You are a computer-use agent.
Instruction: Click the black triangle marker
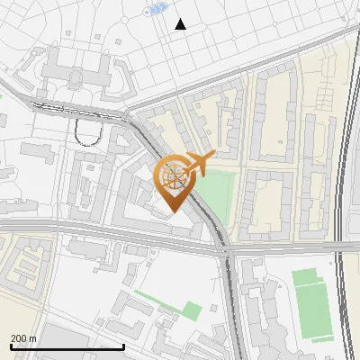180,24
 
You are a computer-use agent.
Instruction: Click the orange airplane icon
198,164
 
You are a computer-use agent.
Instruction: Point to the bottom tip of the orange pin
174,213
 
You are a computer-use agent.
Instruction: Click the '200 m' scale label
24,337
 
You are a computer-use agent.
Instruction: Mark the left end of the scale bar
11,346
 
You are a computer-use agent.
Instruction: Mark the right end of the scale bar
124,346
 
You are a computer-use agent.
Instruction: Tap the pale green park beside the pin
216,194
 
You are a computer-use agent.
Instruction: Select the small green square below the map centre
191,310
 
